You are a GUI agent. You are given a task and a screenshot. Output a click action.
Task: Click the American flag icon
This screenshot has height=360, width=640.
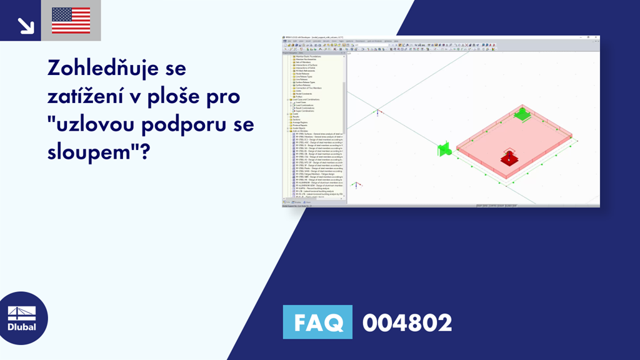pos(71,21)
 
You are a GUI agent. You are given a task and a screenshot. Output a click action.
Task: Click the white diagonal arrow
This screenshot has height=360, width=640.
pos(26,25)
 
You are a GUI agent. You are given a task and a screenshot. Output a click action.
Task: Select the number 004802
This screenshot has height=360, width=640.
pos(407,322)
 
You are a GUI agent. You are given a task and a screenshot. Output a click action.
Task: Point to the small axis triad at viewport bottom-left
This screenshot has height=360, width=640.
pos(356,185)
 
